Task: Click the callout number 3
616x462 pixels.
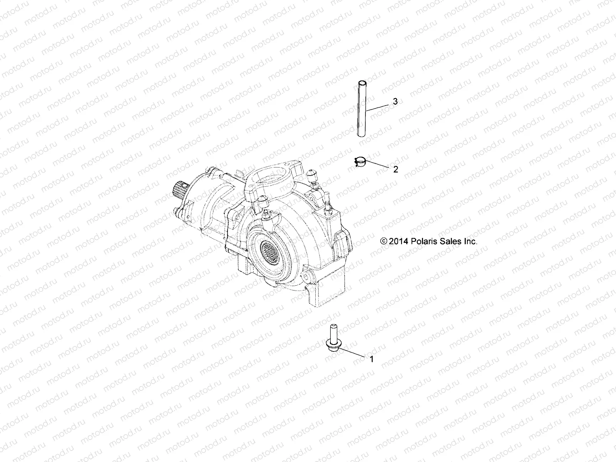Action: [x=384, y=101]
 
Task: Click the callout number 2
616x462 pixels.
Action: [x=395, y=169]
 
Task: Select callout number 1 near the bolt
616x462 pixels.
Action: [x=372, y=359]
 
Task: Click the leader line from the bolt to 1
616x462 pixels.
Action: [x=350, y=351]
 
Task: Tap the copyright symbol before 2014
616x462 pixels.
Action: [x=383, y=242]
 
